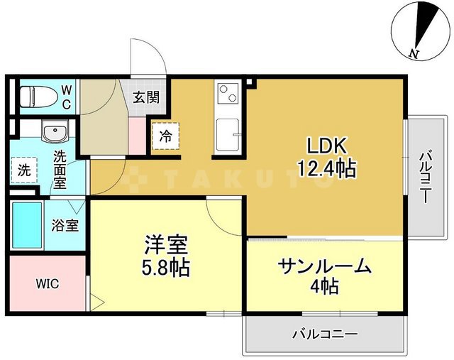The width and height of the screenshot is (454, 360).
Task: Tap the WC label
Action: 65,97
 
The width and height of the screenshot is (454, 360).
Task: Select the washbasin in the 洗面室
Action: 52,132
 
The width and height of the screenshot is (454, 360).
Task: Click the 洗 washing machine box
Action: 24,170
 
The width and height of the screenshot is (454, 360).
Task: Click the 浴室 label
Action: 65,227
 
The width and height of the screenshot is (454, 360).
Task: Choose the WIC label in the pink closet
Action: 48,284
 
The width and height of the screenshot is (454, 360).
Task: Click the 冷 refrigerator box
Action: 165,135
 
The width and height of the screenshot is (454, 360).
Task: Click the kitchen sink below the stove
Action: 228,133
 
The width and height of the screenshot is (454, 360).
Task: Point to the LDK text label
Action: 326,146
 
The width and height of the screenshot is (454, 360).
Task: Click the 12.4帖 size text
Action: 326,169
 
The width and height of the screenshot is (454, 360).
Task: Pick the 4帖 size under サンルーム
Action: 325,287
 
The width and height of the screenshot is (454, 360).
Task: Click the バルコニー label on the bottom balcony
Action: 326,334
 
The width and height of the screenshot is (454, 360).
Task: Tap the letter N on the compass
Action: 414,53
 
